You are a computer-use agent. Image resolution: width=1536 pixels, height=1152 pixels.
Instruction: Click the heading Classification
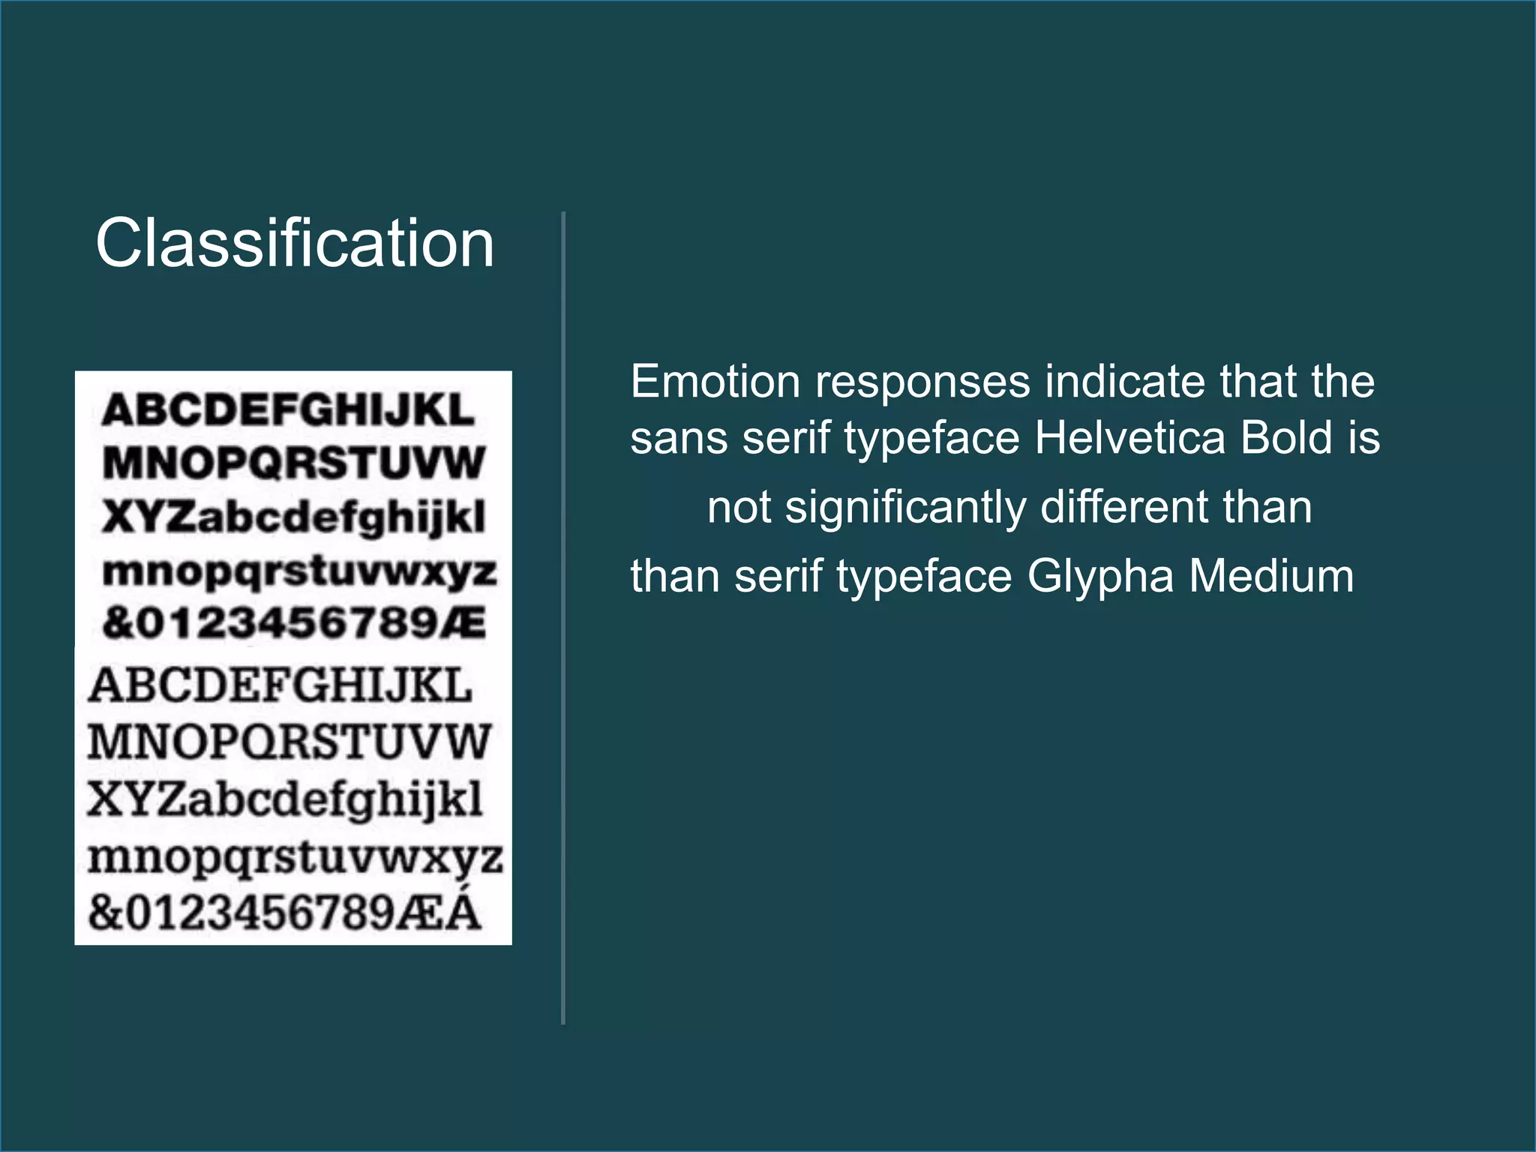(x=295, y=243)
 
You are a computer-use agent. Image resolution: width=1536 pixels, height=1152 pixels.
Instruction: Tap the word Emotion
(x=715, y=382)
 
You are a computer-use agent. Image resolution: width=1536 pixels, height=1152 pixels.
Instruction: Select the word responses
(x=922, y=383)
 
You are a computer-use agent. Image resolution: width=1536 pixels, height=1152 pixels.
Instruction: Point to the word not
(x=739, y=508)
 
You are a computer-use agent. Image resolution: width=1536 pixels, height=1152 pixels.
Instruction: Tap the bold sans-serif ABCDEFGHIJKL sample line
(x=289, y=410)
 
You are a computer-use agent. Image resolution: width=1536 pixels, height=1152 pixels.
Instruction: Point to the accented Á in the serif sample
(x=462, y=910)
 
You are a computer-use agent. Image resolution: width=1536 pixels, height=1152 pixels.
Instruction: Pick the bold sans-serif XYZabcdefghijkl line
(x=294, y=517)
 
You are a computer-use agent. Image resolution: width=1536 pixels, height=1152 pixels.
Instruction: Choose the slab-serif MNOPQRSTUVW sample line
(x=289, y=742)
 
